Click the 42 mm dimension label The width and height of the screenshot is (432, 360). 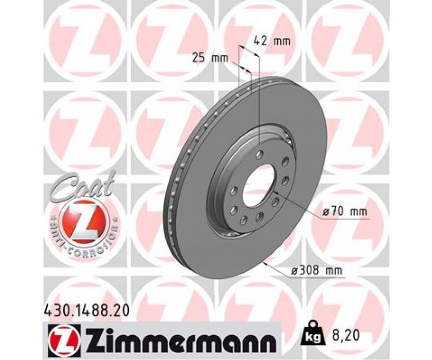click(x=272, y=41)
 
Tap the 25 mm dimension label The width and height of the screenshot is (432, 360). click(x=210, y=58)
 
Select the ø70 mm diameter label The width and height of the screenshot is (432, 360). click(x=345, y=211)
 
